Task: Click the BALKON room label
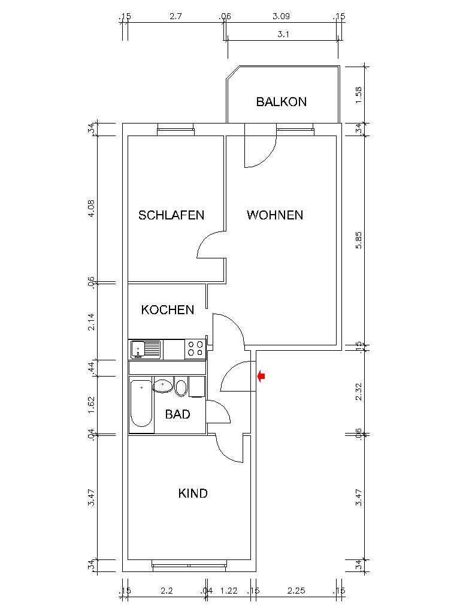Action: click(282, 102)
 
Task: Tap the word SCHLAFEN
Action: click(171, 215)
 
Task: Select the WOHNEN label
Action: click(275, 215)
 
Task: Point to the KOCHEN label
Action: click(168, 310)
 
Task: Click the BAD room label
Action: click(177, 414)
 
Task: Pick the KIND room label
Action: click(193, 493)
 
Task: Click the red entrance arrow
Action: click(261, 377)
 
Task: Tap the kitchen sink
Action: click(146, 350)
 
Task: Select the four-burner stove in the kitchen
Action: click(195, 349)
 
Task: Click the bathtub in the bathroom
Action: click(141, 403)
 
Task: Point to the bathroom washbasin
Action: click(163, 386)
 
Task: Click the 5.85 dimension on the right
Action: click(359, 240)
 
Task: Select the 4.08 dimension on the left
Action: click(91, 209)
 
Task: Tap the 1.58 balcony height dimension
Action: click(359, 95)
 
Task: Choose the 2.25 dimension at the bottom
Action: click(296, 591)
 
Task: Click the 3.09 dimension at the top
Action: click(281, 16)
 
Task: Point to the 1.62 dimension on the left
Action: click(91, 405)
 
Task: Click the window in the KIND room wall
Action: click(189, 565)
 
